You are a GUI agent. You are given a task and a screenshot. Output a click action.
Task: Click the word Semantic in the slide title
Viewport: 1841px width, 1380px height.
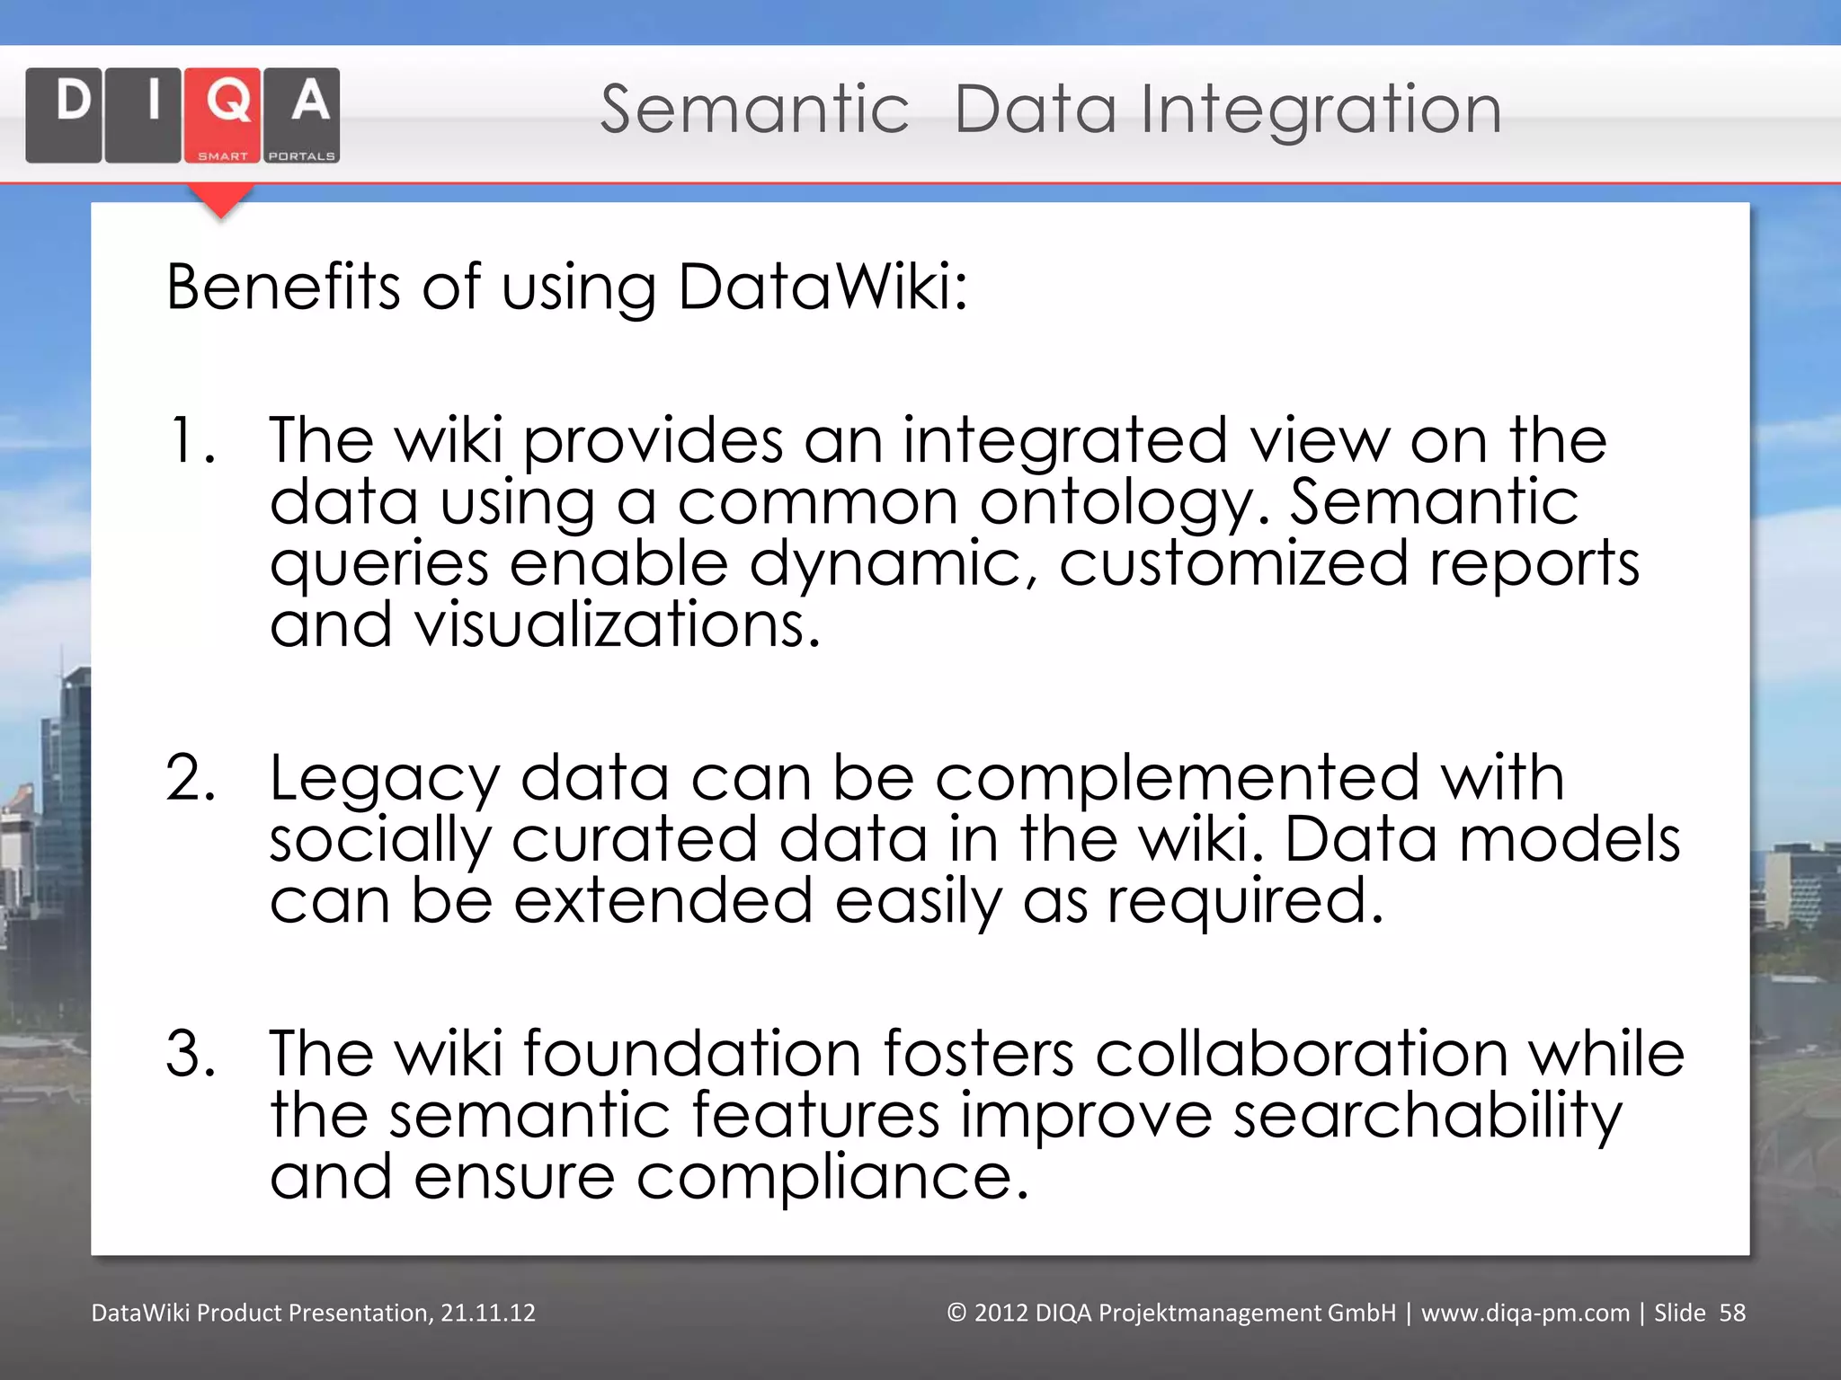(x=754, y=110)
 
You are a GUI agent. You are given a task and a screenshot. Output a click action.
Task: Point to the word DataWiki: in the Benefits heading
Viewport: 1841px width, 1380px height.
(x=823, y=287)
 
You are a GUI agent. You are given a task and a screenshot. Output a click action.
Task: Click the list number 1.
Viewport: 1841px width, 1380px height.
(x=191, y=441)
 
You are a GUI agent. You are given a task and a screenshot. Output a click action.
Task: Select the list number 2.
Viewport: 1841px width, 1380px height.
(x=191, y=778)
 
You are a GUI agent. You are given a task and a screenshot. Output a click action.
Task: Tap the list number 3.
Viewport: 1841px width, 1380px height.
(x=191, y=1053)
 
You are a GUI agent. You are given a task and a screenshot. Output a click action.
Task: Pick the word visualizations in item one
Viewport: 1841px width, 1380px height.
(x=616, y=625)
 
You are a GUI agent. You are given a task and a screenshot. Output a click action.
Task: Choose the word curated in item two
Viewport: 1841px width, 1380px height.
(x=635, y=840)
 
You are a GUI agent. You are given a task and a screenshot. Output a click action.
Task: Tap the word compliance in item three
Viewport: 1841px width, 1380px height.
(x=832, y=1177)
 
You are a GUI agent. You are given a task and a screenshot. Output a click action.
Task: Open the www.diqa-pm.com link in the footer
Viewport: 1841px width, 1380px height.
(x=1525, y=1314)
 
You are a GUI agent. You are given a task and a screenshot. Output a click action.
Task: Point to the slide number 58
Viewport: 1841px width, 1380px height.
(x=1731, y=1314)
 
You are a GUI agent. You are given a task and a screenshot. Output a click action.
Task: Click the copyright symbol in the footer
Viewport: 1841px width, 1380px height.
(x=956, y=1314)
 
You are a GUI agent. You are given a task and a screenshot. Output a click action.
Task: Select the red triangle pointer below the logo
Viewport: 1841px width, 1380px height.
(x=221, y=200)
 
